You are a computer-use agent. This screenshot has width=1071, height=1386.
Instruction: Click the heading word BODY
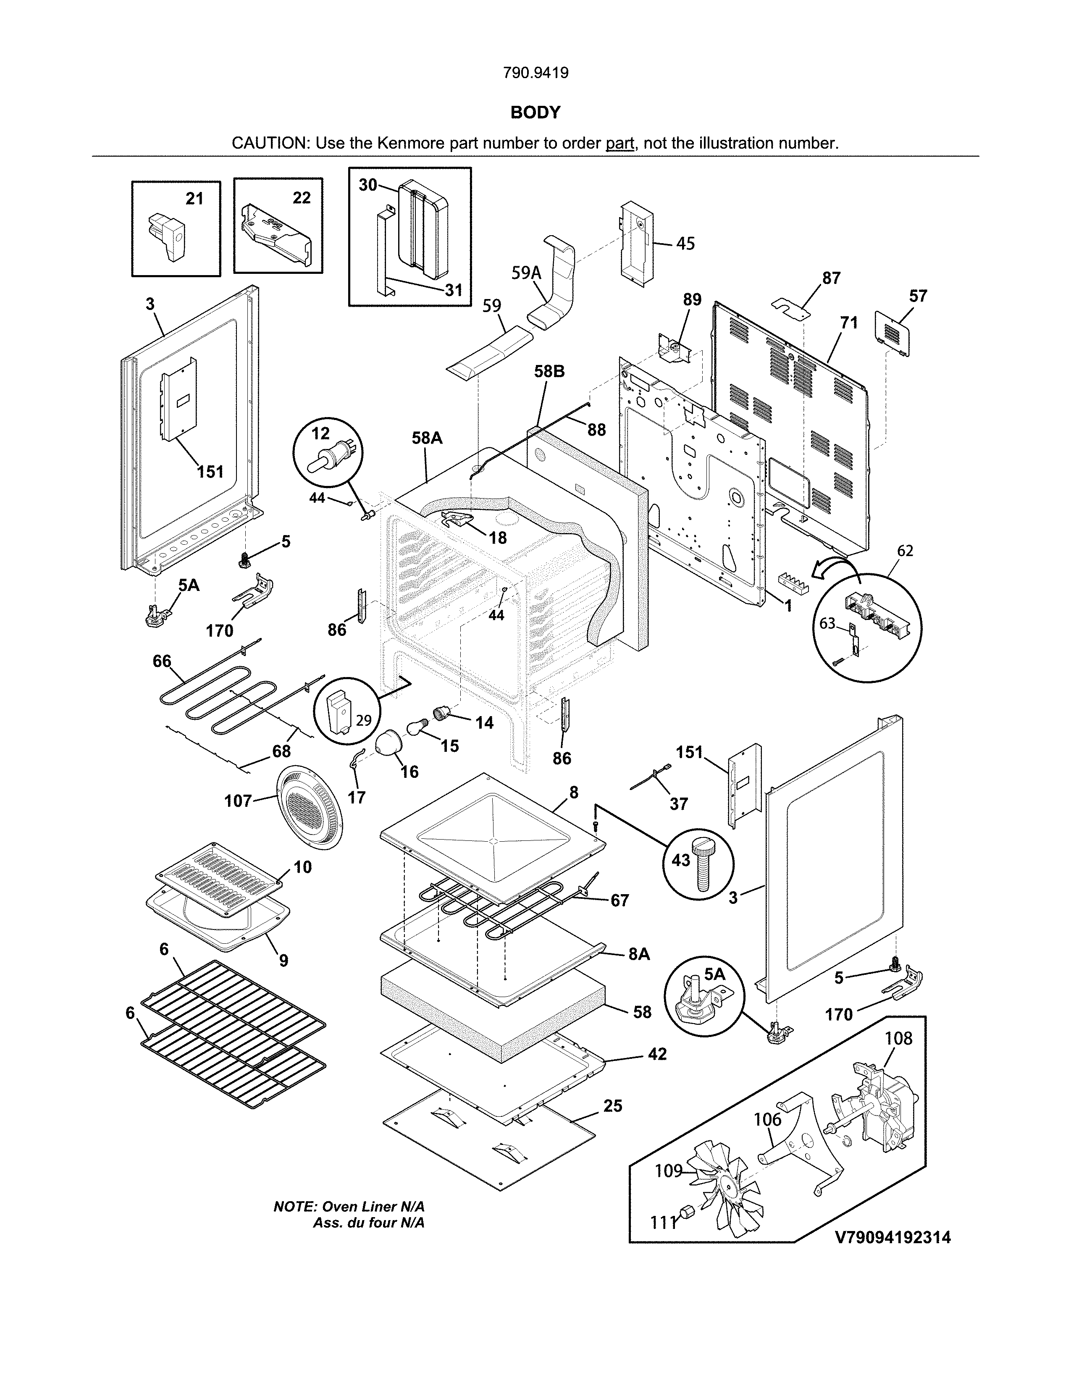point(535,112)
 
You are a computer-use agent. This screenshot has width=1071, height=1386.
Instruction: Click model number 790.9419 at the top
point(535,73)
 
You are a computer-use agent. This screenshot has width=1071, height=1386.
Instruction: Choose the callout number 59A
point(527,273)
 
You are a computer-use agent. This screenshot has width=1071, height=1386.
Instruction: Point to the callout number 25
point(612,1106)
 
